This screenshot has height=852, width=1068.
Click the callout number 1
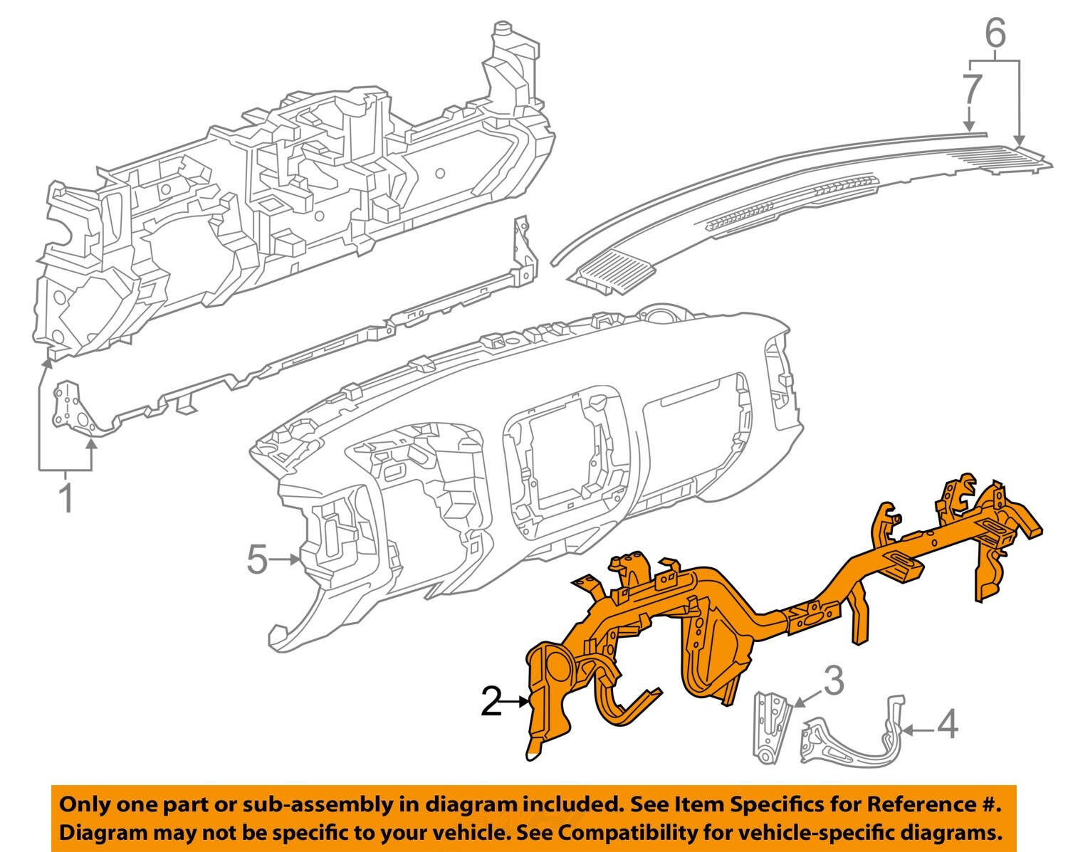[x=66, y=498]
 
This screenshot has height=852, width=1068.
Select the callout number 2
[x=491, y=702]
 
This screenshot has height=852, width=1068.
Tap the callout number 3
[x=834, y=681]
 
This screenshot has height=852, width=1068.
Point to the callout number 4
[x=947, y=725]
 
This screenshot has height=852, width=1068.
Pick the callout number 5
[x=257, y=559]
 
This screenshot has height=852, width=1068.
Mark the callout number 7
[x=972, y=90]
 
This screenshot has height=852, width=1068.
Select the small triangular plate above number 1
[x=70, y=406]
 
